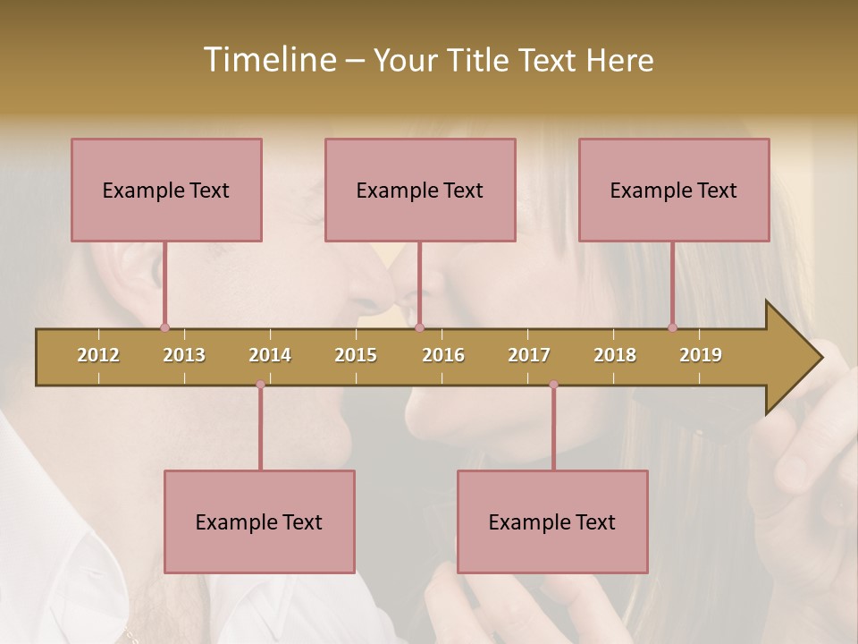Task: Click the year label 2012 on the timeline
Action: [x=98, y=356]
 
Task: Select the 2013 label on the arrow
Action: [x=184, y=356]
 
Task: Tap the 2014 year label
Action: [x=270, y=356]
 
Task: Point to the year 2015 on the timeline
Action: [x=356, y=356]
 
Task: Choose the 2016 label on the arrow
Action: [x=443, y=356]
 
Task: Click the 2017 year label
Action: [x=529, y=356]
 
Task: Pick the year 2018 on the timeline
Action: [x=615, y=356]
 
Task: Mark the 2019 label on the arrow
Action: [x=701, y=356]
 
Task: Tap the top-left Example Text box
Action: [x=166, y=191]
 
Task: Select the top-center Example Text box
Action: [x=420, y=191]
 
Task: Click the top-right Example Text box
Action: [x=674, y=191]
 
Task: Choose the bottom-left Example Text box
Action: [x=259, y=522]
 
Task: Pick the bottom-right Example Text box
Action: [x=552, y=522]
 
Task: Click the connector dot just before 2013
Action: [x=164, y=327]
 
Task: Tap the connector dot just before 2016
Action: [x=419, y=327]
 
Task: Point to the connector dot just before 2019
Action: [x=672, y=327]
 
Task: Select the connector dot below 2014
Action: [x=260, y=385]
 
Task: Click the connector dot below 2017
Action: [x=553, y=385]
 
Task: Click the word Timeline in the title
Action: [x=268, y=60]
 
